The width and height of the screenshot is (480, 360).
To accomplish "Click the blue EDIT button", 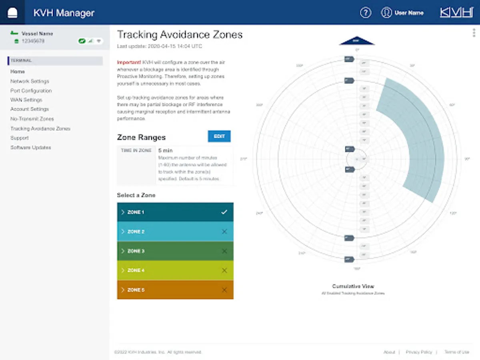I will point(219,136).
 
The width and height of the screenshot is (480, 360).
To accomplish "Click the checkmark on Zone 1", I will point(224,212).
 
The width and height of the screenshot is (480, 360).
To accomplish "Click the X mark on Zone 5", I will point(224,290).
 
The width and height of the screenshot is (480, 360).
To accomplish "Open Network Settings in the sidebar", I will point(30,81).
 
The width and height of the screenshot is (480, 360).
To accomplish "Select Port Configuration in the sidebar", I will point(31,91).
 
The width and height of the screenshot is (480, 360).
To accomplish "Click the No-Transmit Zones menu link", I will point(32,119).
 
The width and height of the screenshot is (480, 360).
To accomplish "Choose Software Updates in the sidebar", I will point(31,148).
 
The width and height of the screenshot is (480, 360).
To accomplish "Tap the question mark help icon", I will point(366,13).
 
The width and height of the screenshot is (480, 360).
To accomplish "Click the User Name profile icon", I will point(386,13).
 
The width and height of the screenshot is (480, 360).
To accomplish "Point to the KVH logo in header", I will point(456,12).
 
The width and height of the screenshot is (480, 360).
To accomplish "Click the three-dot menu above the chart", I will point(474,33).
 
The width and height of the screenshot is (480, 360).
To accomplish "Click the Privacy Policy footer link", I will point(419,352).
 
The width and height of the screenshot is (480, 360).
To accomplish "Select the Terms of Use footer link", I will point(457,352).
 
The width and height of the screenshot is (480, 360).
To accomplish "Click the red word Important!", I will point(129,62).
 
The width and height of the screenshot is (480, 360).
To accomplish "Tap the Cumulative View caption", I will point(353,286).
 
